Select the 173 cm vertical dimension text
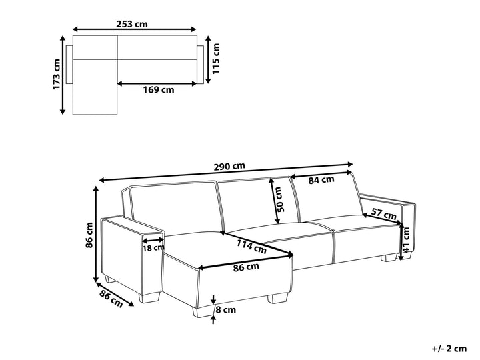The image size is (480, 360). [x=57, y=73]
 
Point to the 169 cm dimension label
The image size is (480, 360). [x=159, y=90]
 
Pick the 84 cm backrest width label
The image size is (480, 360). [x=321, y=179]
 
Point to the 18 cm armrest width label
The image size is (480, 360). [x=153, y=248]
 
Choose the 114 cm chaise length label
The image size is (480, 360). [x=251, y=247]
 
